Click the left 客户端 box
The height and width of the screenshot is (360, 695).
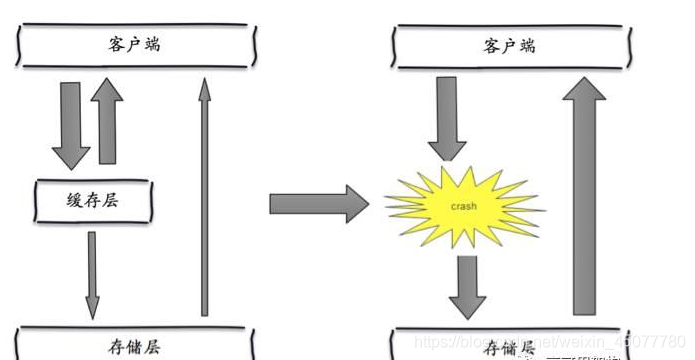[x=136, y=46]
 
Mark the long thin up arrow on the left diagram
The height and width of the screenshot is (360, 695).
[x=204, y=200]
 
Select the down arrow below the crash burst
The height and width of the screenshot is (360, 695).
[x=466, y=285]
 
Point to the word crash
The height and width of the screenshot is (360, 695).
[x=462, y=206]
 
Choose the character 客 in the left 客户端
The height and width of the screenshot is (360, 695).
[x=117, y=46]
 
